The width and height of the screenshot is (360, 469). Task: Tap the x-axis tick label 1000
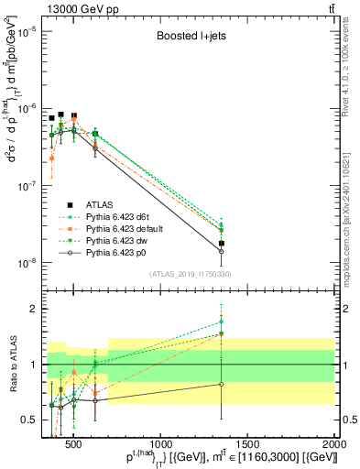click(x=160, y=445)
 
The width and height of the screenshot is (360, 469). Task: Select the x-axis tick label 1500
click(x=247, y=445)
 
